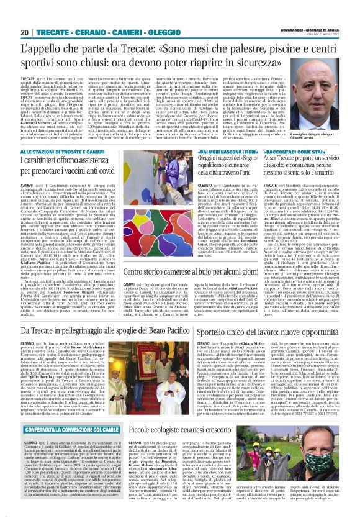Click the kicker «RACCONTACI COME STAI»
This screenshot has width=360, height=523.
305,151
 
